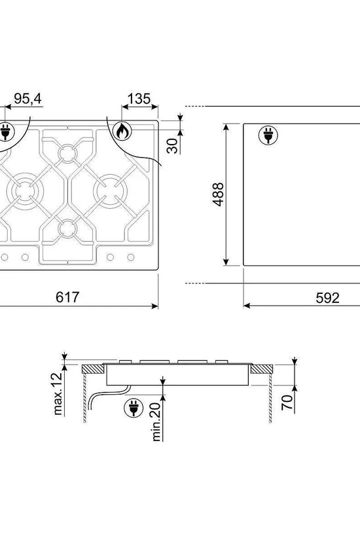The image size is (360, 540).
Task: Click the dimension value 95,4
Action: click(27, 99)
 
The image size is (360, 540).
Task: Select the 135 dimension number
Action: click(139, 99)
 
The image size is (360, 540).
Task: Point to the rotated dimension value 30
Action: click(172, 146)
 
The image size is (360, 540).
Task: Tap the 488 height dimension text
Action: click(218, 194)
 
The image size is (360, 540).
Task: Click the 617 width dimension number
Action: click(67, 297)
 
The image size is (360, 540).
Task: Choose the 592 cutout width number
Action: click(328, 298)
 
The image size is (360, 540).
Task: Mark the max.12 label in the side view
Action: click(58, 393)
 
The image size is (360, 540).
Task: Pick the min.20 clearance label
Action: click(156, 422)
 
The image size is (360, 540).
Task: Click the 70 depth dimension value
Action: click(287, 403)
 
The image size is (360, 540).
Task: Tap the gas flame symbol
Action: click(123, 131)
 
